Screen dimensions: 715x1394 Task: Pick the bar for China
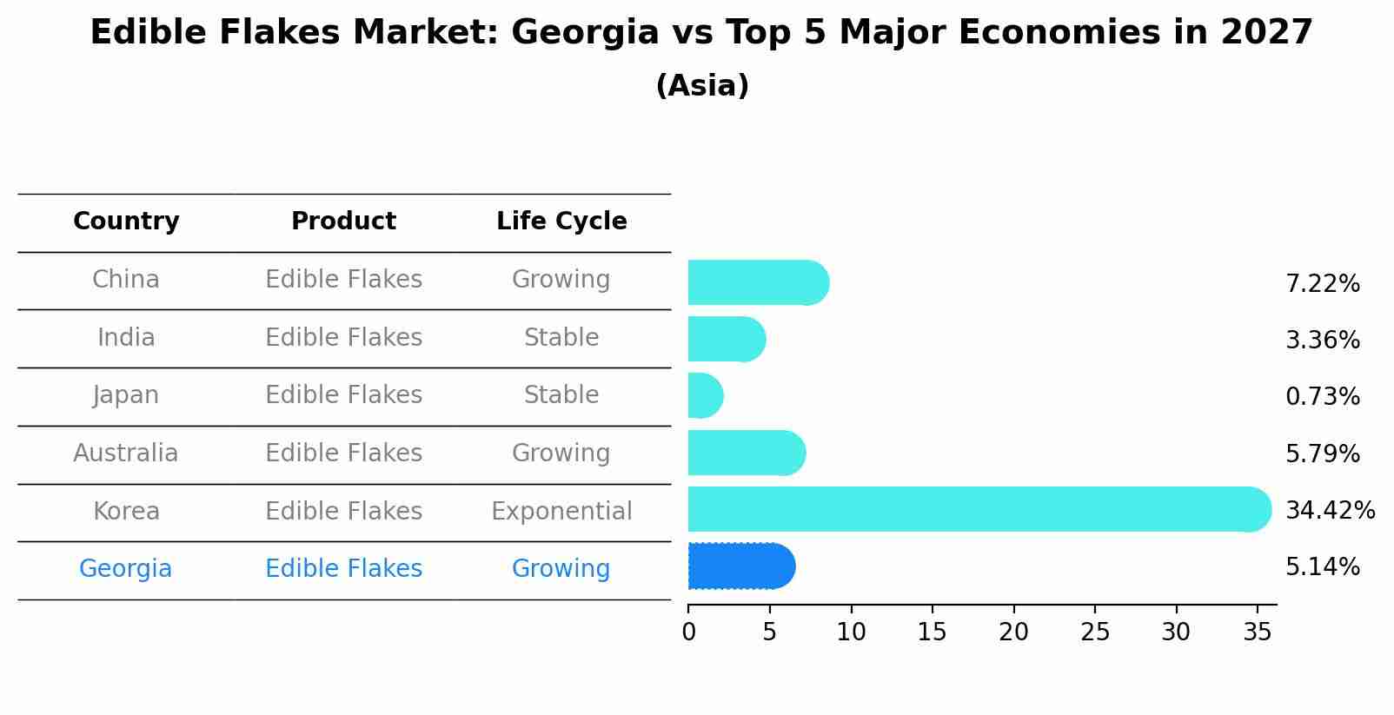tap(757, 282)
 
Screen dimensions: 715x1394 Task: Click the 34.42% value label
tap(1330, 510)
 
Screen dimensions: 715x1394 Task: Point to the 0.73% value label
tap(1322, 397)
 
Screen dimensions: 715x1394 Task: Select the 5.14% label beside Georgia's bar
tap(1322, 567)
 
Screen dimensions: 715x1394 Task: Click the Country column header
tap(126, 222)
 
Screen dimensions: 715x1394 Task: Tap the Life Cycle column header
tap(561, 222)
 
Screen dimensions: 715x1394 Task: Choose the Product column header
tap(343, 222)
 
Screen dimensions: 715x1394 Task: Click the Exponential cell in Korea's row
tap(561, 511)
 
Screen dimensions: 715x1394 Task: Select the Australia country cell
tap(126, 453)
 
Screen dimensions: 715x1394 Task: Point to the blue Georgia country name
tap(126, 569)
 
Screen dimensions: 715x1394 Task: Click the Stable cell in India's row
tap(561, 338)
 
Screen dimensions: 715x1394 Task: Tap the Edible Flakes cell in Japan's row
tap(343, 395)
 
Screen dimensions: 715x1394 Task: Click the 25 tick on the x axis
tap(1095, 632)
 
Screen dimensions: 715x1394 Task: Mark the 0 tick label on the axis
tap(688, 632)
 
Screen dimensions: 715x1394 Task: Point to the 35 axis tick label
tap(1258, 632)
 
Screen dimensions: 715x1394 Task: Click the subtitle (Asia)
tap(702, 86)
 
